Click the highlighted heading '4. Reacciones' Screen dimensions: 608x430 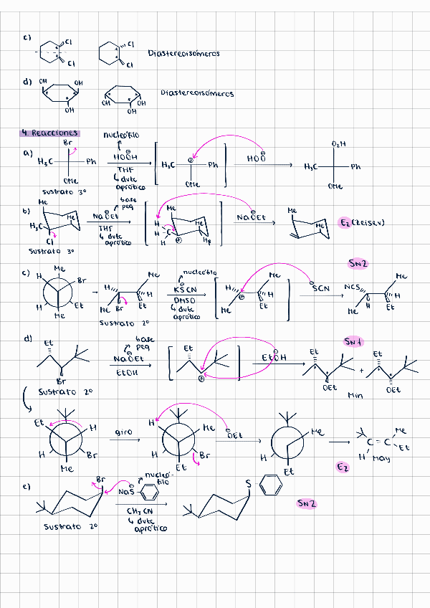(x=50, y=133)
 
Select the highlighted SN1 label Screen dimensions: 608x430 (x=353, y=341)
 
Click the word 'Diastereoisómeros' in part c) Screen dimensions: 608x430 (x=183, y=53)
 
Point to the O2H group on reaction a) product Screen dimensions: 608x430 (x=338, y=144)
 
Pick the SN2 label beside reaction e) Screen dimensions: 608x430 (x=307, y=503)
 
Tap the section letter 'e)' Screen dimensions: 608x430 (x=27, y=486)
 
